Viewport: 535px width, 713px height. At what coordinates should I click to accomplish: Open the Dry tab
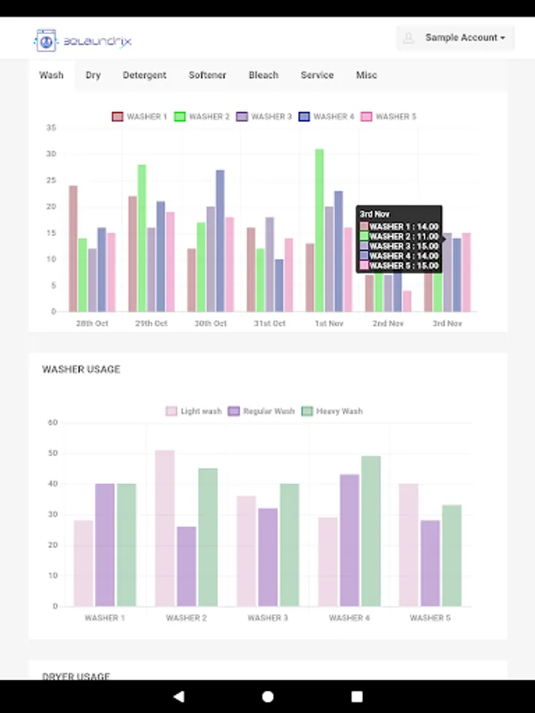[94, 75]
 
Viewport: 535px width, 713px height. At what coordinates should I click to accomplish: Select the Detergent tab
[144, 75]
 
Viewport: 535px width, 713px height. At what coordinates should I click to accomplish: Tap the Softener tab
[207, 75]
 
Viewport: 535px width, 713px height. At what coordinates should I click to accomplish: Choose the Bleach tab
[263, 75]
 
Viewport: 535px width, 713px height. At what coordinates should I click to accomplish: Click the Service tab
[317, 75]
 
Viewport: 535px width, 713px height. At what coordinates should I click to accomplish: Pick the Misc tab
[366, 75]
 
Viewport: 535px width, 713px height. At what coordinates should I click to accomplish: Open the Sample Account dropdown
[455, 37]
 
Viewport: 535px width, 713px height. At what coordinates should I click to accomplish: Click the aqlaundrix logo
[83, 40]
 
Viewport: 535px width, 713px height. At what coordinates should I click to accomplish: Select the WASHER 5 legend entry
[388, 116]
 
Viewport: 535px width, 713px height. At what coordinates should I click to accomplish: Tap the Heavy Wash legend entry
[331, 411]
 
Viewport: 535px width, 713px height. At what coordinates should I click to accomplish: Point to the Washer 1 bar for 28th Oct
[73, 248]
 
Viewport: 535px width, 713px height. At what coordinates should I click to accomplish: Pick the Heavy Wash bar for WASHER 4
[371, 531]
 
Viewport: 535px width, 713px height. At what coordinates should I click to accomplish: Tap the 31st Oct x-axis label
[269, 323]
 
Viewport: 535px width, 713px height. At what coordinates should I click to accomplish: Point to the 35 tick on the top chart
[51, 128]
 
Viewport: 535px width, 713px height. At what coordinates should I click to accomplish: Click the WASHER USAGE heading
[81, 369]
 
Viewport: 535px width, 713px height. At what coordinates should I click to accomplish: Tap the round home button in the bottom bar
[268, 696]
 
